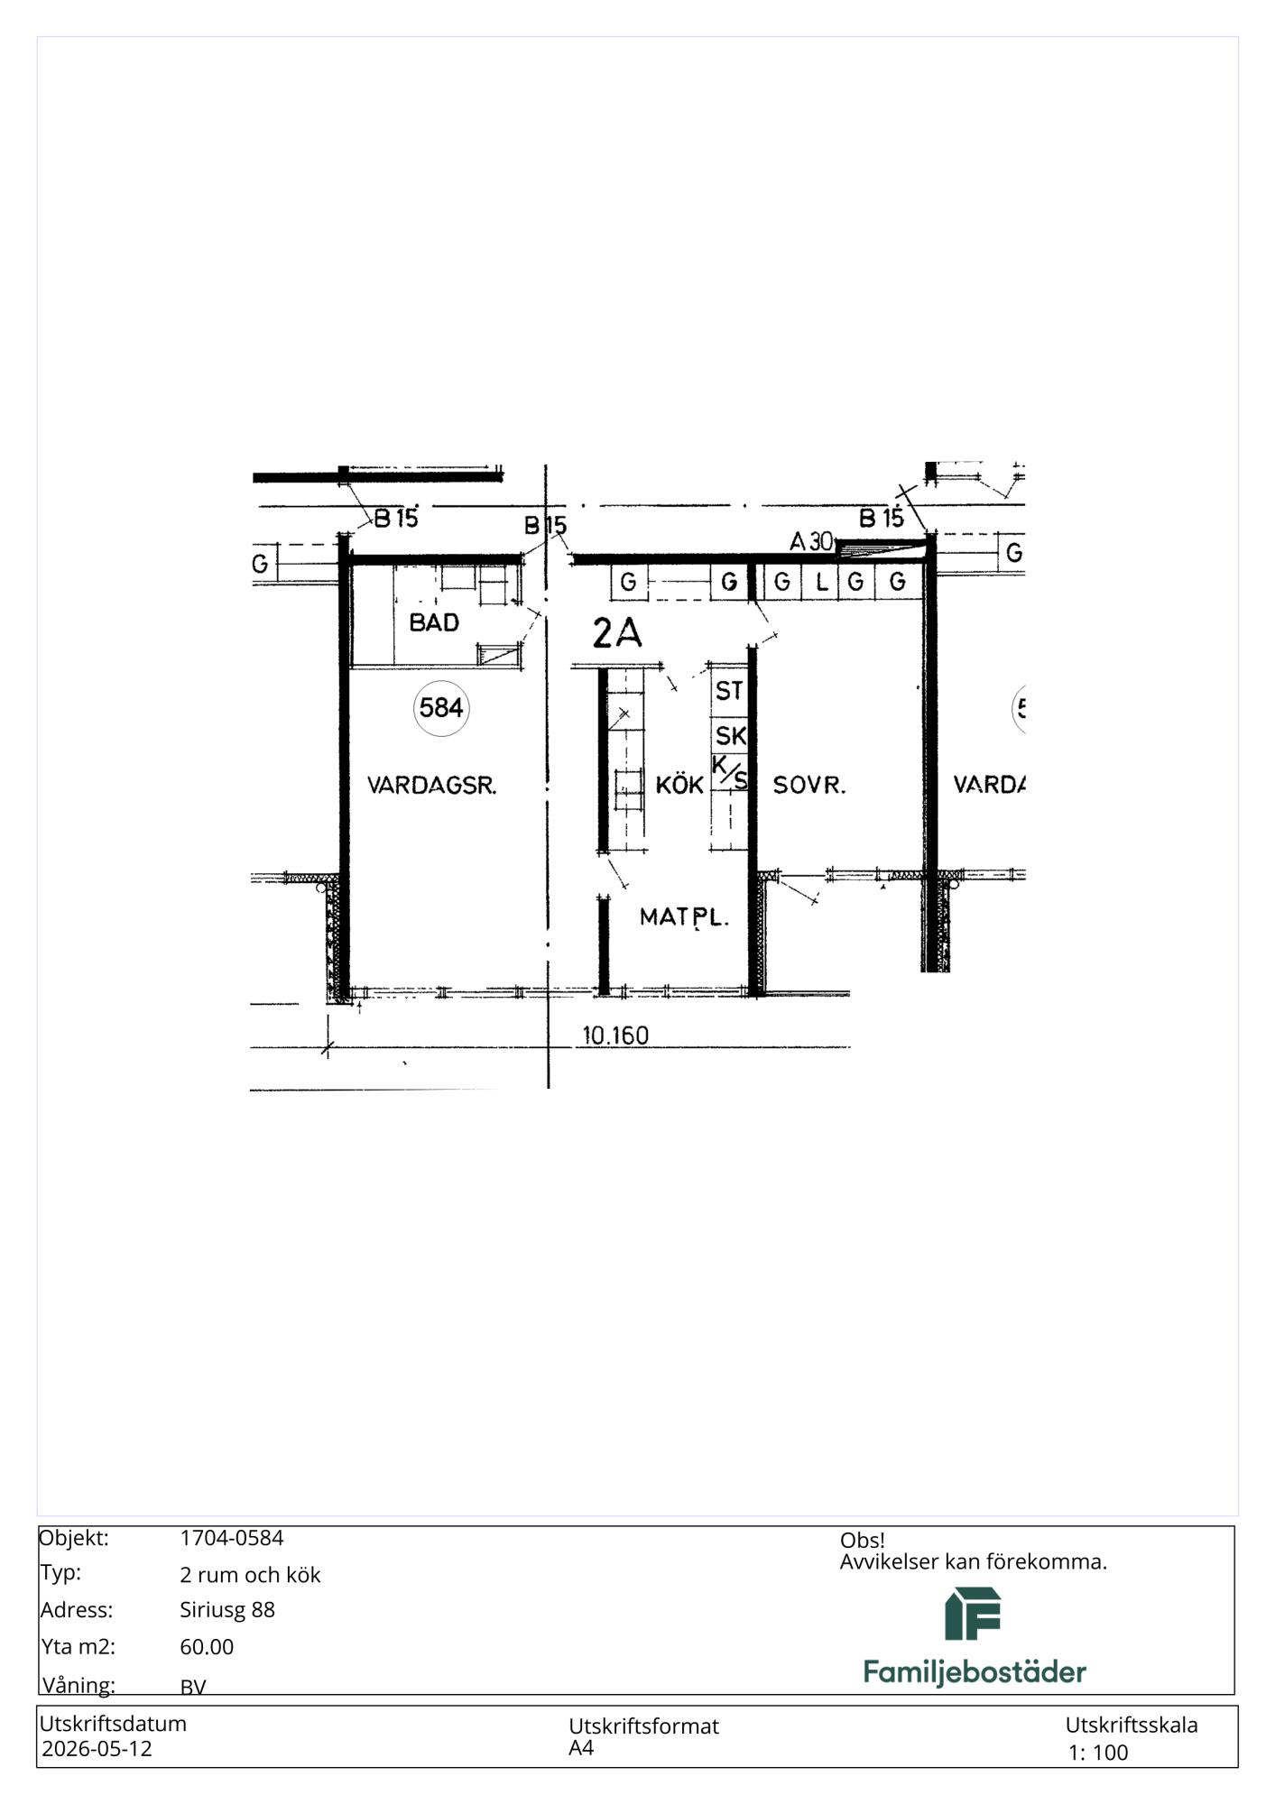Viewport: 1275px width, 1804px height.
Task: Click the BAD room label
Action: (434, 622)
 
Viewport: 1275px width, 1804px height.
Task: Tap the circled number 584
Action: (441, 708)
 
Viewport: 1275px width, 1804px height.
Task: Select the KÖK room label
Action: (679, 785)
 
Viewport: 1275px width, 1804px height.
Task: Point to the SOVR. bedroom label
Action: (809, 786)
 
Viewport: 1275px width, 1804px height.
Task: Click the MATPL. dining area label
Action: (684, 917)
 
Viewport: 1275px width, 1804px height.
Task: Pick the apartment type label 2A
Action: (617, 633)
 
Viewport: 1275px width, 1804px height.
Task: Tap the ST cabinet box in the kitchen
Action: (729, 691)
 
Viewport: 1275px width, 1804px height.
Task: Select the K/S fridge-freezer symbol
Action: (730, 772)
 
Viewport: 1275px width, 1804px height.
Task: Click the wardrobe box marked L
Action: (821, 582)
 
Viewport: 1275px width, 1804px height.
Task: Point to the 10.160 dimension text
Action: (615, 1035)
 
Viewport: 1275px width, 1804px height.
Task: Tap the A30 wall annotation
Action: (811, 541)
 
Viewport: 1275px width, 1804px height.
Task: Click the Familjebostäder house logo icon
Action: (973, 1614)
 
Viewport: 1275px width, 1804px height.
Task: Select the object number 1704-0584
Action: (232, 1538)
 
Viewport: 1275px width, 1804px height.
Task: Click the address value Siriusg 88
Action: (227, 1609)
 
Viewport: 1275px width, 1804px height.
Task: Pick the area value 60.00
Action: (207, 1646)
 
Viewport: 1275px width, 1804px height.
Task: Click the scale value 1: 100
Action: (1098, 1752)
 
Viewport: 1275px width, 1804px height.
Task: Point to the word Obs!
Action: (863, 1540)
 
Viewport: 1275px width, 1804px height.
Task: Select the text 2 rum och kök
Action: (250, 1574)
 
